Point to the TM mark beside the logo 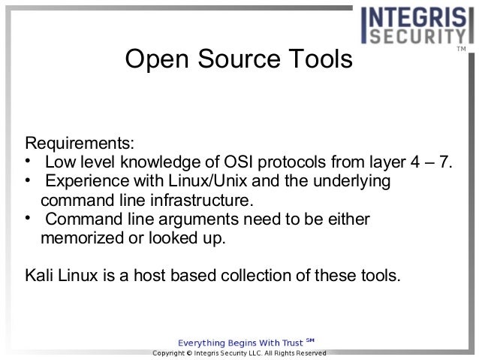point(461,50)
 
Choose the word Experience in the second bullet point(83,182)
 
